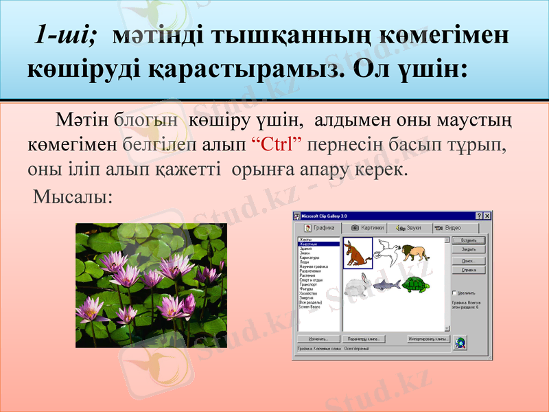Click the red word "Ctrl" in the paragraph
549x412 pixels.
[x=280, y=146]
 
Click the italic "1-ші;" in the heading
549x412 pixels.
[x=66, y=35]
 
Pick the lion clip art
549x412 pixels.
[x=416, y=252]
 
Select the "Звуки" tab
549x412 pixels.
[x=410, y=228]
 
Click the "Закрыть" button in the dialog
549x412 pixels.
[x=469, y=250]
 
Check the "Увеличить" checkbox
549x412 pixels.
[x=454, y=292]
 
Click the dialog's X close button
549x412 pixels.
[x=487, y=216]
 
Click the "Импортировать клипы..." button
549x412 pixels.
[x=428, y=339]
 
